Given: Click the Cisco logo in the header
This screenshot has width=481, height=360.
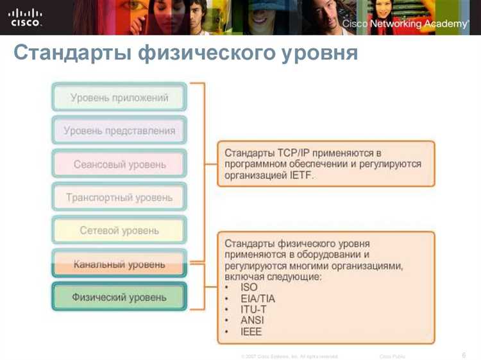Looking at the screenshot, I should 25,17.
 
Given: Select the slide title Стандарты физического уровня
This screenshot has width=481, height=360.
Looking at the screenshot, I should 185,54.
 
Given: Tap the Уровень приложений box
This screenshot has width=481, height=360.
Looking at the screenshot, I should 119,98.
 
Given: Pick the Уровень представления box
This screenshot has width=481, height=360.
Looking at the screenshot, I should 119,131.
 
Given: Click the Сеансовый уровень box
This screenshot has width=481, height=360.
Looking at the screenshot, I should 119,164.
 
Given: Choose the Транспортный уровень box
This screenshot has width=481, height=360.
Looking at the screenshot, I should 119,198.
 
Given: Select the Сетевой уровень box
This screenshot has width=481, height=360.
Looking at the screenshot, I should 119,230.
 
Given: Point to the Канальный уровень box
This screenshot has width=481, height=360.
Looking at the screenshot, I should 119,264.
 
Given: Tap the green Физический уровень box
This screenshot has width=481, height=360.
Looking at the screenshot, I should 119,297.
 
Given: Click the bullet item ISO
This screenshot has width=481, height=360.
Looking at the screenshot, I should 249,287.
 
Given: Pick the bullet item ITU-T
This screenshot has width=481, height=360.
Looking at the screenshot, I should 253,309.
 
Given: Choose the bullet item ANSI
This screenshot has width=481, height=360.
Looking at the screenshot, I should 252,320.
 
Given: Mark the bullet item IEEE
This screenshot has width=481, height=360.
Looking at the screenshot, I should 251,332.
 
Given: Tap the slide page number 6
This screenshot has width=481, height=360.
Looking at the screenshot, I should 463,354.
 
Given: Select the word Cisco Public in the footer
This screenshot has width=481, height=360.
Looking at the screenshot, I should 392,356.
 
